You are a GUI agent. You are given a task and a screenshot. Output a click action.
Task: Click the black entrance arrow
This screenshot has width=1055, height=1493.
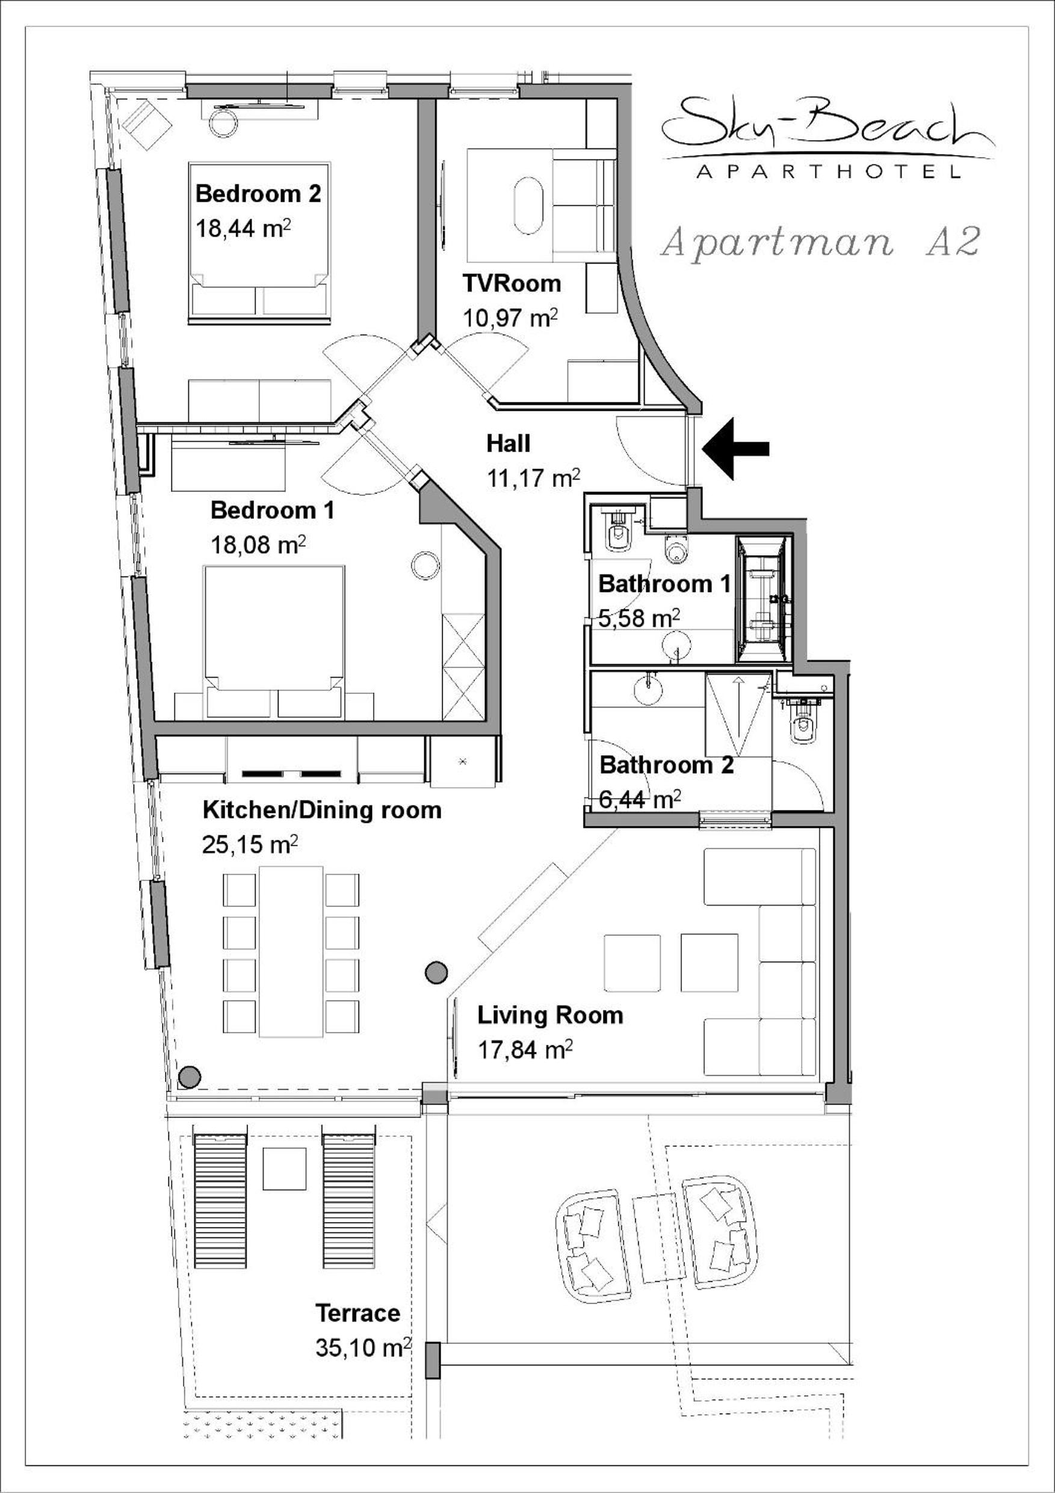(735, 449)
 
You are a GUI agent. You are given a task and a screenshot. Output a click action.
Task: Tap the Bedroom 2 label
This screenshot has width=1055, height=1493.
(258, 194)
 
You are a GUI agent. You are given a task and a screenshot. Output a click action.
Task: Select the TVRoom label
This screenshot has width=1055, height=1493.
(512, 283)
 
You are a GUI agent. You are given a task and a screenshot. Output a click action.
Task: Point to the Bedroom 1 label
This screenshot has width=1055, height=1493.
(273, 510)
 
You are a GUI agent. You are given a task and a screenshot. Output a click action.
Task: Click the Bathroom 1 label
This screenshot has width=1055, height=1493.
(664, 583)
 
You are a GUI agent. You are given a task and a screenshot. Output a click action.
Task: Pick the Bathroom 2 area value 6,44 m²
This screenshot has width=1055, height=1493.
(640, 799)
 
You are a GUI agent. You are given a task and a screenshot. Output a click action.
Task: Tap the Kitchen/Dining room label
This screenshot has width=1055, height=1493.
(322, 809)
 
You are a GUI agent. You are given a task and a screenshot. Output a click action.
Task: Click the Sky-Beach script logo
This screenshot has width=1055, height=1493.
(828, 126)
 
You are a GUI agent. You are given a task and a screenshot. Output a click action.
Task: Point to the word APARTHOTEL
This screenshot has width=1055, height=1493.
(828, 172)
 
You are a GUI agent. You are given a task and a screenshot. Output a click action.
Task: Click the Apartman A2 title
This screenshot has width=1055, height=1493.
(820, 242)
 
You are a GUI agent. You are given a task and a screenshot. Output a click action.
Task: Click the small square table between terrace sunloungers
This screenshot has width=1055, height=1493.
(284, 1169)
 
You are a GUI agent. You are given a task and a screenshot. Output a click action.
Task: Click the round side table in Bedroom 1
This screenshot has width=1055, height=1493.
(427, 565)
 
